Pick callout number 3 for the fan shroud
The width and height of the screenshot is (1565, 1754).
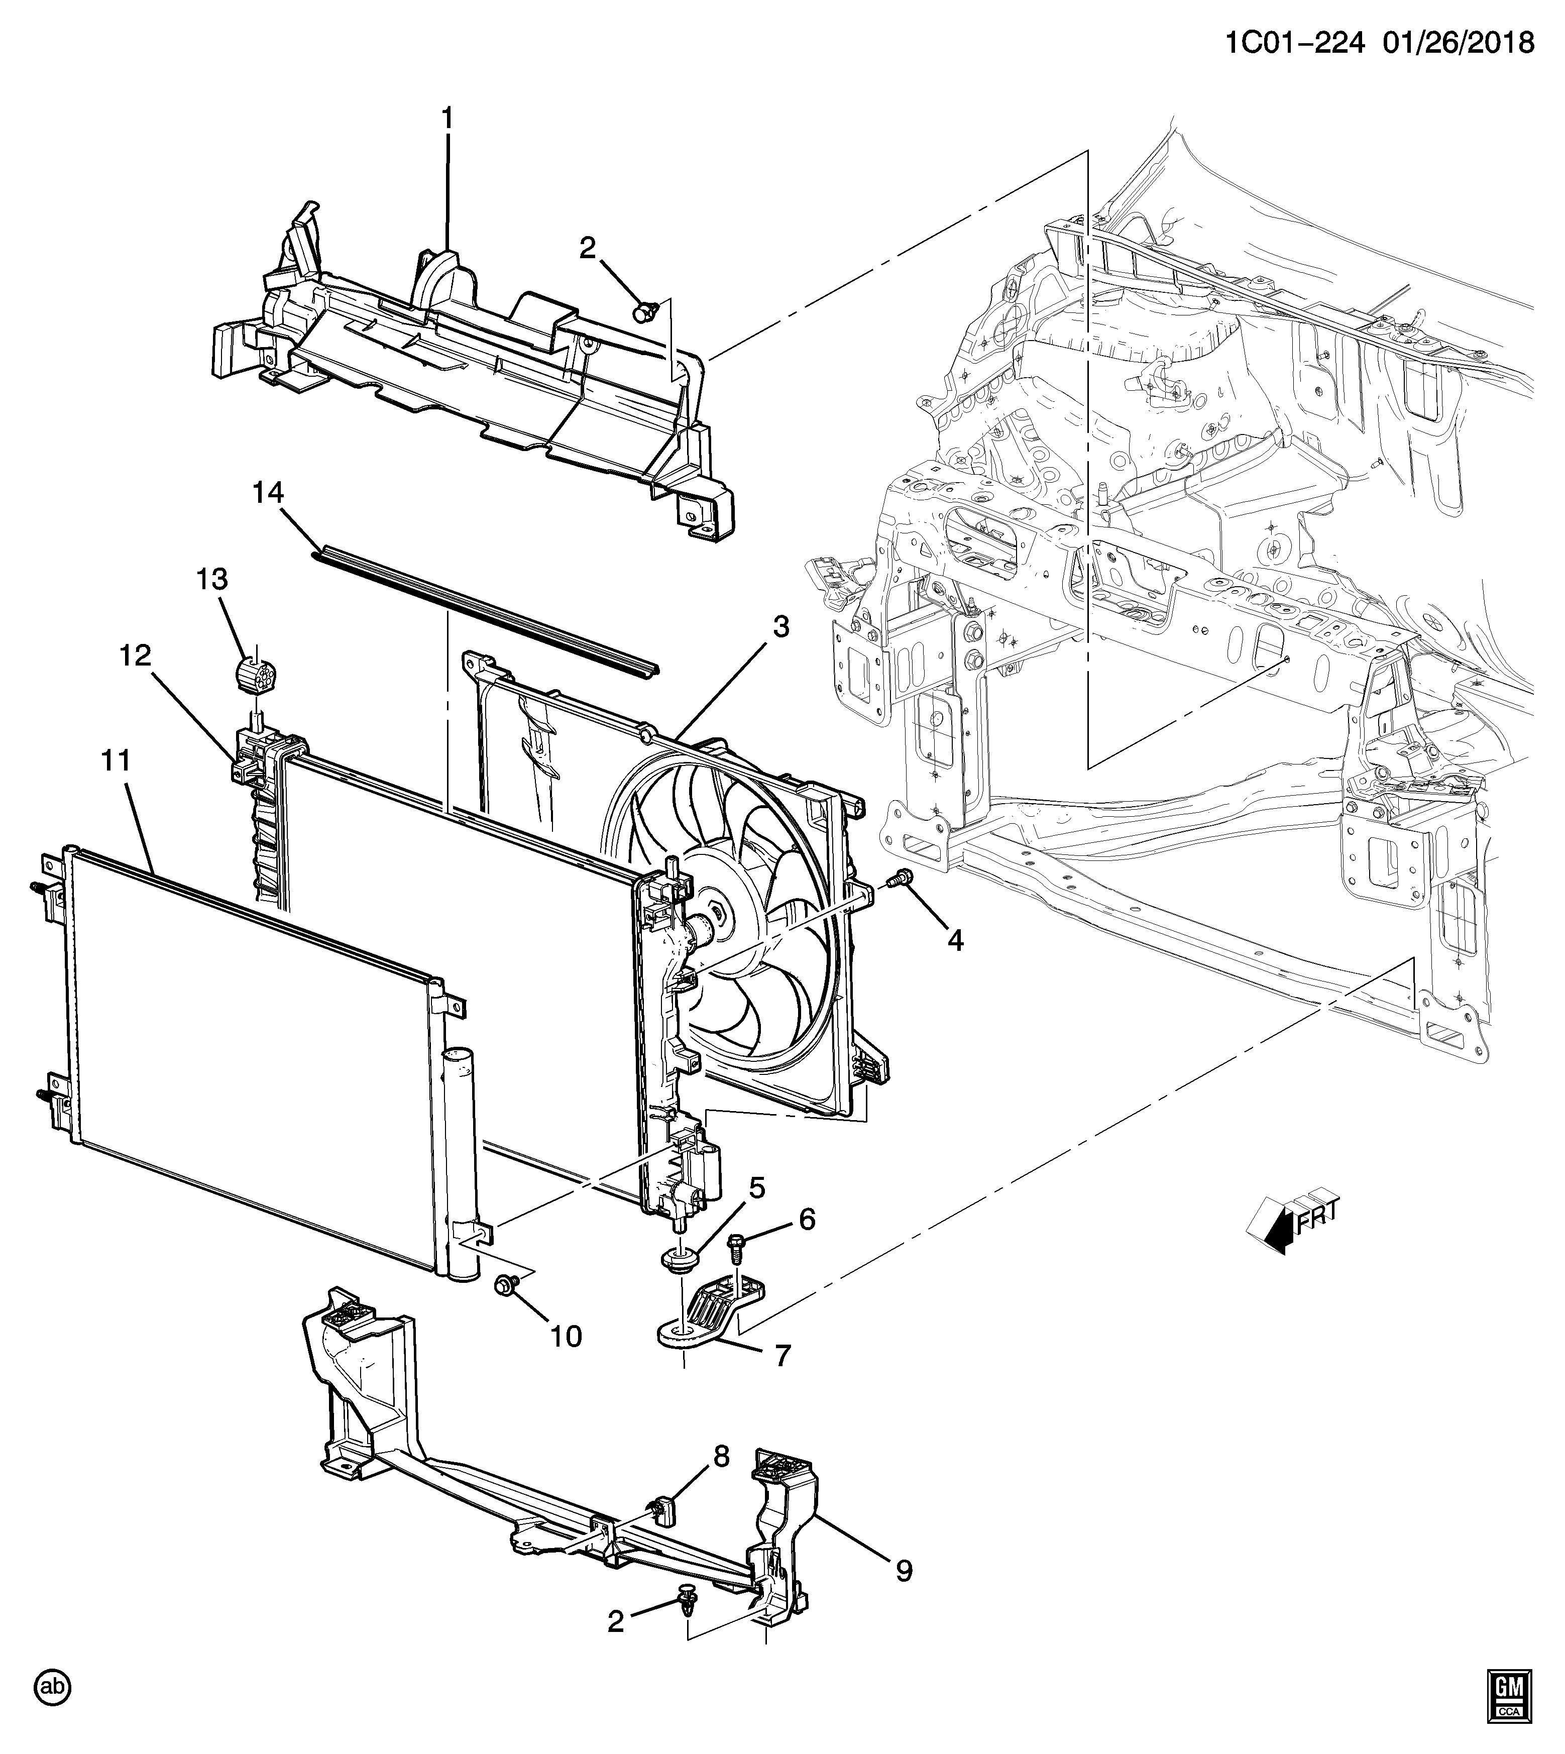click(780, 627)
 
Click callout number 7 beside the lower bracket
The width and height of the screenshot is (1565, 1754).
click(781, 1356)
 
